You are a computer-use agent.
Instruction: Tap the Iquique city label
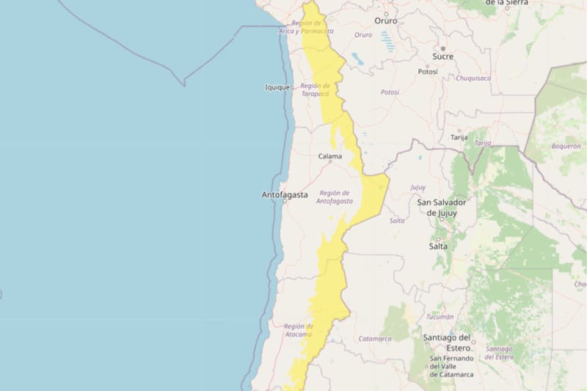[277, 87]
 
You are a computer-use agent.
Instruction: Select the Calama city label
[329, 156]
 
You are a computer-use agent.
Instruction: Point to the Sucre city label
[442, 56]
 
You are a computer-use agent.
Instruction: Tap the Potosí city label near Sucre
[427, 72]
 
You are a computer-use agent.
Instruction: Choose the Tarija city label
[459, 137]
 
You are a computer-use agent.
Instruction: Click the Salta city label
[438, 246]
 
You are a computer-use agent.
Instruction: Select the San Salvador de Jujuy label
[437, 208]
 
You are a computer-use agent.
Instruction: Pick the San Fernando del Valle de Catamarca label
[451, 366]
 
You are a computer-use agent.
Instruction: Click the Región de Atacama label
[299, 330]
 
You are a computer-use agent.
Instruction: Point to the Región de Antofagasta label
[335, 197]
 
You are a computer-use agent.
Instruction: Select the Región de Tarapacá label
[315, 89]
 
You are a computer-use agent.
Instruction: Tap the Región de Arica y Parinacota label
[306, 28]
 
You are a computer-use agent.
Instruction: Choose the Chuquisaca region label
[473, 78]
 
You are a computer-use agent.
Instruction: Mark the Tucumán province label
[440, 317]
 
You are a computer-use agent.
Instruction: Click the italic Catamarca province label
[375, 338]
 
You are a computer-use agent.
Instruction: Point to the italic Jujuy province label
[418, 187]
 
